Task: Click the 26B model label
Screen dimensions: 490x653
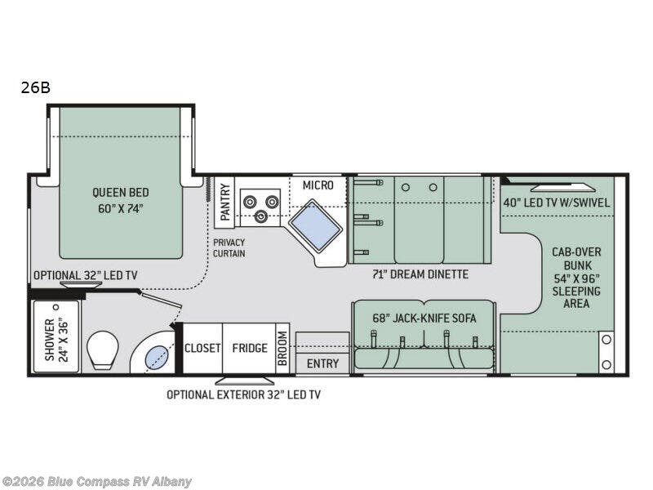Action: [36, 88]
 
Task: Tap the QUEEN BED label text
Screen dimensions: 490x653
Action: [121, 200]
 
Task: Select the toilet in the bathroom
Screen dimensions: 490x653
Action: [104, 349]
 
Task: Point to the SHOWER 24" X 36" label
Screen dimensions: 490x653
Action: [56, 336]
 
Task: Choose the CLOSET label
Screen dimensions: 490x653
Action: [202, 348]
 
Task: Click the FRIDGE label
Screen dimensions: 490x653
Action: [249, 348]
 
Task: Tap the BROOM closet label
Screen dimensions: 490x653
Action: [282, 348]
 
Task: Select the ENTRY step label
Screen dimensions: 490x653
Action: [322, 363]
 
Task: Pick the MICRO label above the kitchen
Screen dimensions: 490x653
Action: [318, 185]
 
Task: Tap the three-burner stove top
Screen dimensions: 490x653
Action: [260, 205]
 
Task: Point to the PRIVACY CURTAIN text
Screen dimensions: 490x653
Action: [229, 247]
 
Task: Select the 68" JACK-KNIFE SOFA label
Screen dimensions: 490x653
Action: [424, 318]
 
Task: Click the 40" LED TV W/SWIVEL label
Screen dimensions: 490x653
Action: [556, 203]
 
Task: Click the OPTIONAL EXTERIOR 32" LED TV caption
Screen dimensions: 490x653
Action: [243, 394]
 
